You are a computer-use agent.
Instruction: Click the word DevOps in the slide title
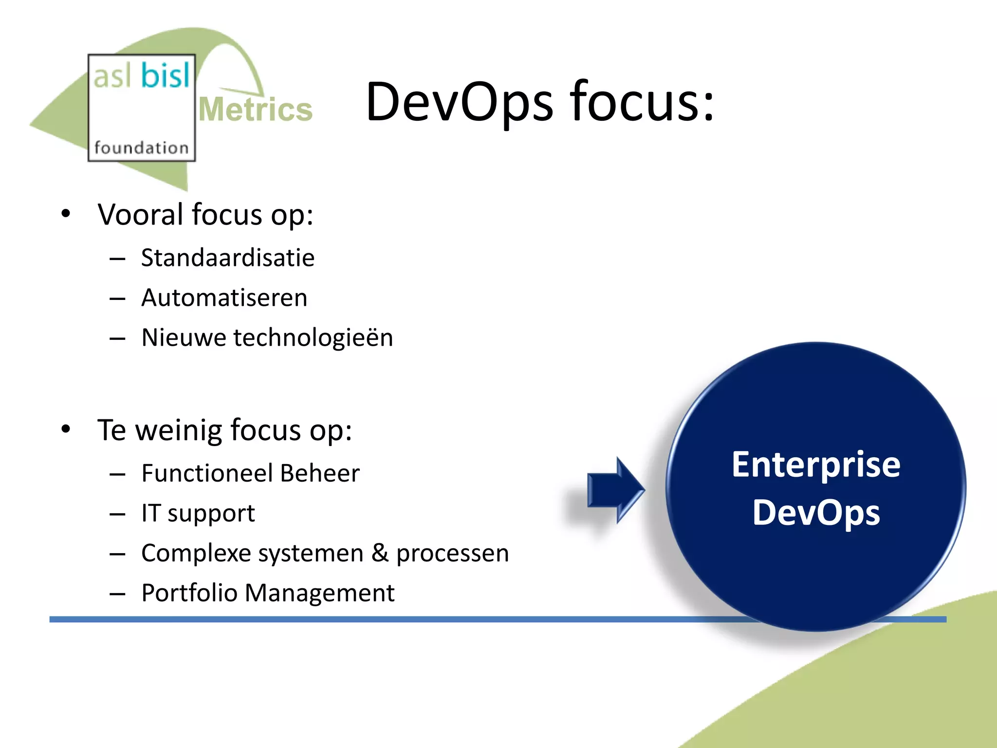click(x=459, y=102)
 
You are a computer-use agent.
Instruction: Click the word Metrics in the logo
click(x=256, y=110)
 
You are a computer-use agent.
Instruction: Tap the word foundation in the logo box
click(x=141, y=148)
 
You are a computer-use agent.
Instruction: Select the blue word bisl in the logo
click(x=166, y=76)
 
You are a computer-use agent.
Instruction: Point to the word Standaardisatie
click(x=227, y=258)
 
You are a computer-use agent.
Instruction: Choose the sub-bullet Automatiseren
click(x=224, y=298)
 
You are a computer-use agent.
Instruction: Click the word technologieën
click(x=313, y=338)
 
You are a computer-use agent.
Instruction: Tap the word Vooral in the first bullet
click(x=140, y=215)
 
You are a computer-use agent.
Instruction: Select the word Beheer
click(x=320, y=473)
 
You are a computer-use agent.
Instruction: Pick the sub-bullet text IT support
click(x=198, y=513)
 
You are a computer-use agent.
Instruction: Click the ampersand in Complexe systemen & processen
click(x=380, y=553)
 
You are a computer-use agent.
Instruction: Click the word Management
click(x=319, y=593)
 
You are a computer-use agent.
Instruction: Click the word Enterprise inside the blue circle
click(x=816, y=465)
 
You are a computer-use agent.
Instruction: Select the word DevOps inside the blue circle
click(x=816, y=513)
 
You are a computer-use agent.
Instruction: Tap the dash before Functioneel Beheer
click(x=117, y=474)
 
